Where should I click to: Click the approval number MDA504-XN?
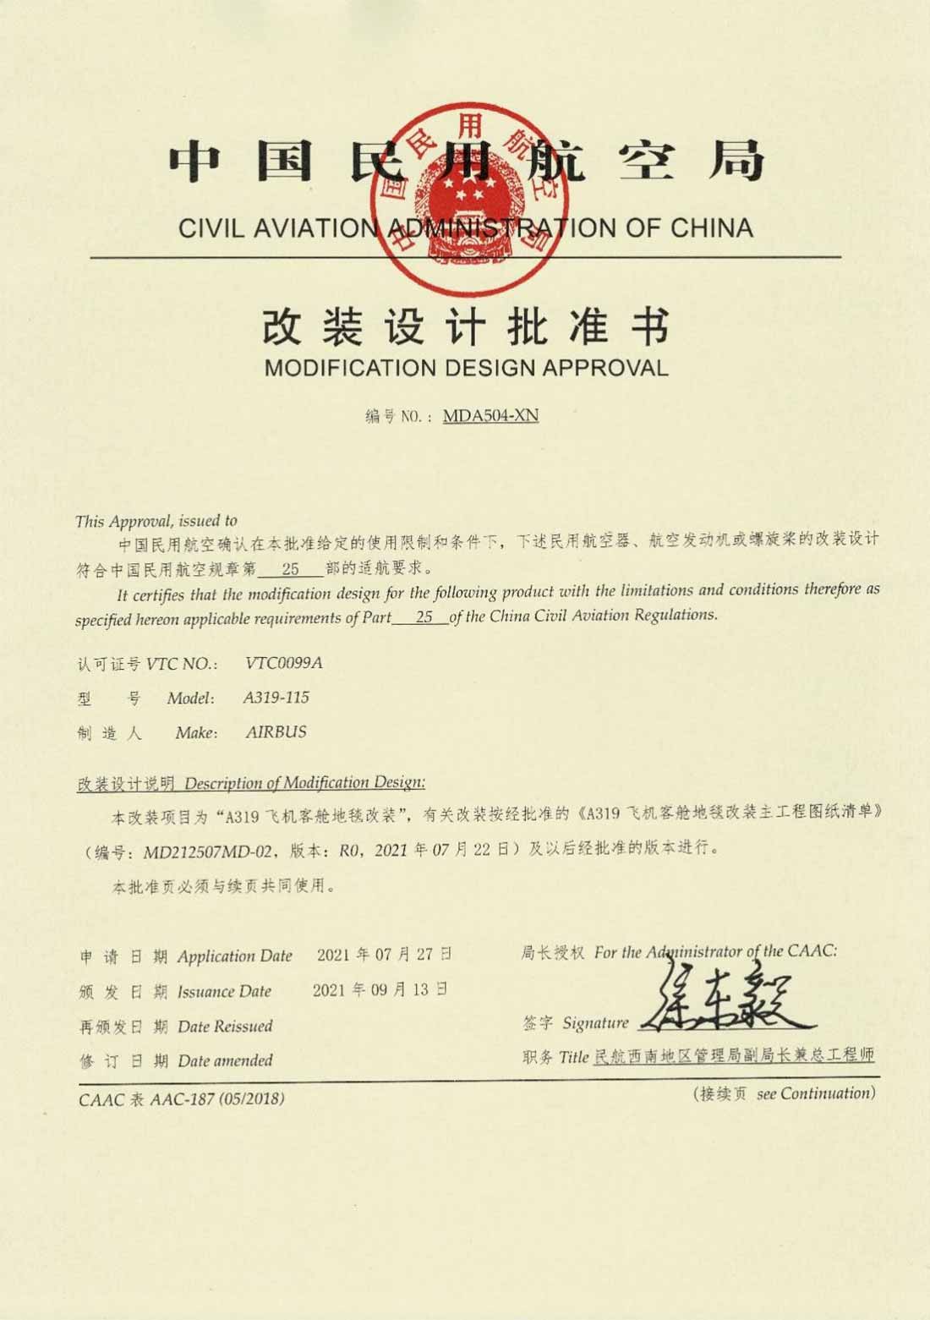[x=490, y=416]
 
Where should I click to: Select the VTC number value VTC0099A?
[x=283, y=663]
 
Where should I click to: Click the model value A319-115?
[x=276, y=698]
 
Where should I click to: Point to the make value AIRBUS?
[x=276, y=732]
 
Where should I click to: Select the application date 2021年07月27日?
[x=384, y=956]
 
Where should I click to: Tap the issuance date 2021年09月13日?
[x=380, y=990]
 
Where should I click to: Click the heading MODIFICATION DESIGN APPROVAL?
[x=466, y=368]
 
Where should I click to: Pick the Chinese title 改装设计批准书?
[x=466, y=327]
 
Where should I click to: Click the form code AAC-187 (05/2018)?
[x=217, y=1099]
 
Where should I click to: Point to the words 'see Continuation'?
[x=816, y=1094]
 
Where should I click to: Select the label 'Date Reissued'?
[x=225, y=1027]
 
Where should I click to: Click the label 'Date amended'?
[x=225, y=1060]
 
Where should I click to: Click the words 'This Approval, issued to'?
[x=156, y=521]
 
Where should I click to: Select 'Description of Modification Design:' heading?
[x=304, y=783]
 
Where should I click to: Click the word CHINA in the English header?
[x=711, y=228]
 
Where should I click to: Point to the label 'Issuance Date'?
[x=224, y=991]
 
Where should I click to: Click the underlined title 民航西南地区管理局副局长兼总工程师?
[x=734, y=1055]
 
